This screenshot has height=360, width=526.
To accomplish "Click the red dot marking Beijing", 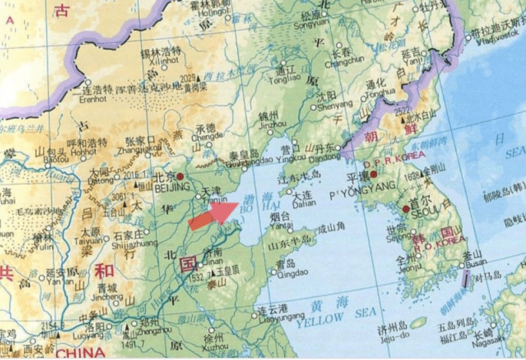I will tap(179, 176).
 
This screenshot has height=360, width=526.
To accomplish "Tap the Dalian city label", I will tap(302, 204).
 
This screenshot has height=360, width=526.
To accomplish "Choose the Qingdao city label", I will tap(286, 275).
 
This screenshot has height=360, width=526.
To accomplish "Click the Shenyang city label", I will tap(335, 104).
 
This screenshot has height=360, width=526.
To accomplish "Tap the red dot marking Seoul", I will tap(406, 209).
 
